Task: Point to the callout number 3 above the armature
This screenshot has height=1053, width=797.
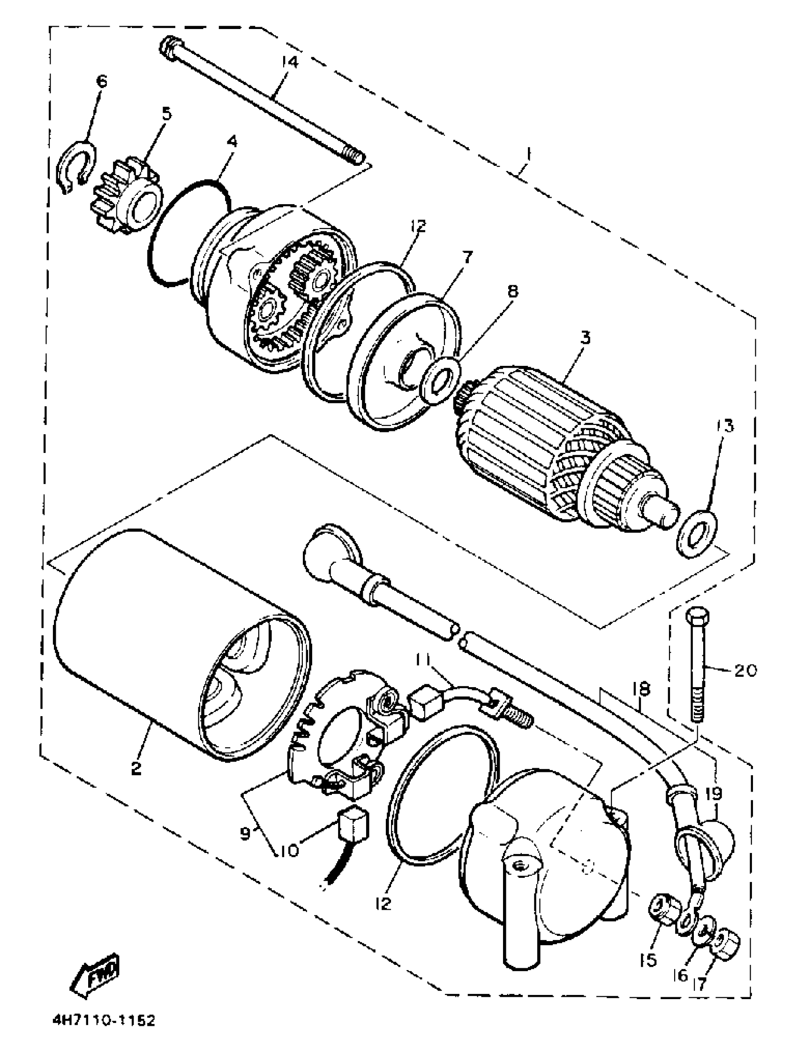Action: click(x=585, y=338)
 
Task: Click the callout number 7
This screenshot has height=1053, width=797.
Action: click(x=468, y=257)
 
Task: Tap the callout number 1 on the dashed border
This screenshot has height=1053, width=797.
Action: click(x=528, y=155)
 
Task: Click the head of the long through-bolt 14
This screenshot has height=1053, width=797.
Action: click(x=170, y=48)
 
